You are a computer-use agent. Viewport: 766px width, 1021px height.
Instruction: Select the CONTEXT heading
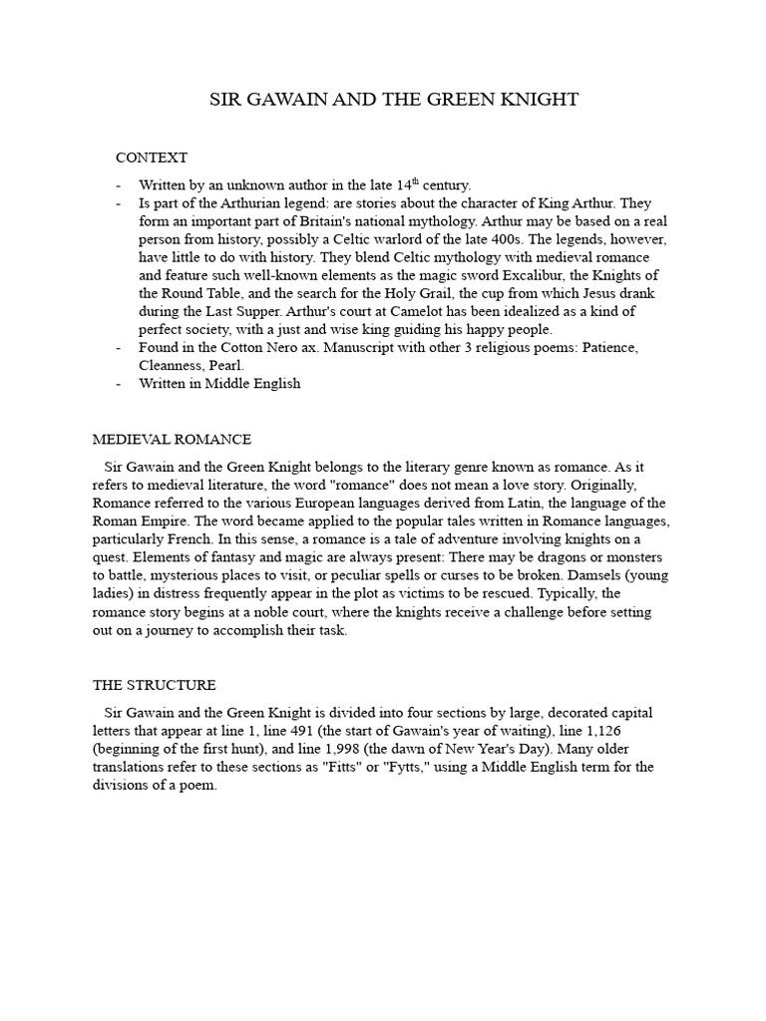[x=152, y=158]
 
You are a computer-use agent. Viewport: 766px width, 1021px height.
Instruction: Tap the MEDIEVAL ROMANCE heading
[x=172, y=439]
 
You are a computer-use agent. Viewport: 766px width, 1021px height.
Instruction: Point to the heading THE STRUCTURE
[x=154, y=685]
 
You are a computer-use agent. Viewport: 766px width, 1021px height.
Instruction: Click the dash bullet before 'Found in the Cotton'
[x=119, y=347]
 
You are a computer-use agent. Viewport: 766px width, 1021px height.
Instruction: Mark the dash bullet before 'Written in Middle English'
[x=119, y=383]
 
